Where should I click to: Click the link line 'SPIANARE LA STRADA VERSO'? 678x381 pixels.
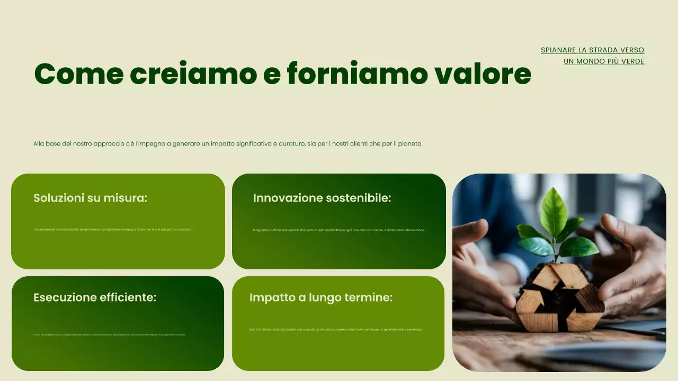coord(592,50)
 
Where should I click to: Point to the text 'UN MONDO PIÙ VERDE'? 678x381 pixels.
coord(604,61)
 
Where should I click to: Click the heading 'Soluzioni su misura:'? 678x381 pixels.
coord(90,198)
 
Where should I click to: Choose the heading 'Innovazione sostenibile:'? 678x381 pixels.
coord(322,198)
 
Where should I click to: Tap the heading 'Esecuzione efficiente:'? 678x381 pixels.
coord(95,297)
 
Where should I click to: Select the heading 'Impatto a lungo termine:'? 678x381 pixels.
coord(321,297)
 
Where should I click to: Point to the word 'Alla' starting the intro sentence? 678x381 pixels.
coord(39,144)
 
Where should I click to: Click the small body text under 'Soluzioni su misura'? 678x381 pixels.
coord(113,230)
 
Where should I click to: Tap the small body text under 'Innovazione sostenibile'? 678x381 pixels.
coord(338,230)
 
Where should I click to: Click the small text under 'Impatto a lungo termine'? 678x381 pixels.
coord(335,330)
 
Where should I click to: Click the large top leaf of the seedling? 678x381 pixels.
coord(553,212)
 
